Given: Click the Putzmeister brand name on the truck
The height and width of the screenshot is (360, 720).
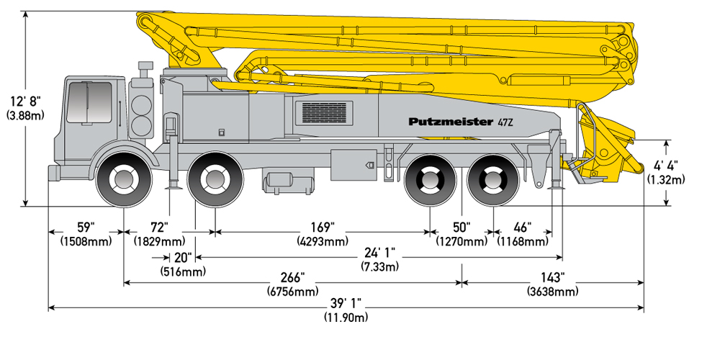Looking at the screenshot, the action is (x=451, y=122).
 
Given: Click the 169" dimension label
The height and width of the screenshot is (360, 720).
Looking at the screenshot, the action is (x=323, y=228).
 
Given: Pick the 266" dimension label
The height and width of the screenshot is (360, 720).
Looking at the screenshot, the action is (x=292, y=277).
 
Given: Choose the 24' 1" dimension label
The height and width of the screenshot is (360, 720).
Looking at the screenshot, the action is (x=379, y=252).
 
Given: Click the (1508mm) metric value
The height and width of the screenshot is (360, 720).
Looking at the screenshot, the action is (x=86, y=241).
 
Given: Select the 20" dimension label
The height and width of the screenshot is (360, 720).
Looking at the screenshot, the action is (x=183, y=258).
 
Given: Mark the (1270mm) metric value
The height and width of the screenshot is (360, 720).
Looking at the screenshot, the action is (x=461, y=241).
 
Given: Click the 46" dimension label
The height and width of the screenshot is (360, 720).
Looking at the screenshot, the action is (x=523, y=228).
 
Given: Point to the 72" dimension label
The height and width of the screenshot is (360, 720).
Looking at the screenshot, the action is (x=160, y=228).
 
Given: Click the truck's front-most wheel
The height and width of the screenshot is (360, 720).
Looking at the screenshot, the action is (x=124, y=179).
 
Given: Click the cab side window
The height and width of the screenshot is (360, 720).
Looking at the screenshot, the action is (x=89, y=102).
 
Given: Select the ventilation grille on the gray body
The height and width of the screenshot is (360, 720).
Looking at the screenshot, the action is (x=328, y=112).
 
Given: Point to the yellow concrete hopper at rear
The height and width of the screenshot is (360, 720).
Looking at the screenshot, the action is (x=606, y=147).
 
